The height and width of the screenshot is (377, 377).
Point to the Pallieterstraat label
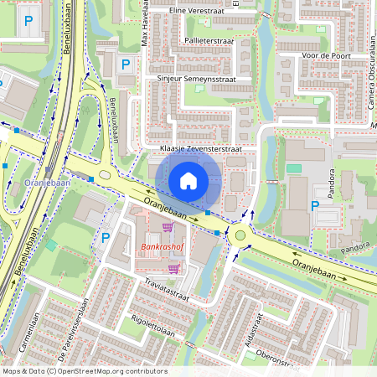coord(203,39)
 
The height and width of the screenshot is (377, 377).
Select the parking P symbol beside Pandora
coord(315,205)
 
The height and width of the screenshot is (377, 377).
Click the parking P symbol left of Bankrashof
coord(106,237)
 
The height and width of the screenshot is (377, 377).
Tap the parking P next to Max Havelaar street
coord(126,64)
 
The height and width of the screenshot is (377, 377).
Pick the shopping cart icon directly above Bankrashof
coord(168,226)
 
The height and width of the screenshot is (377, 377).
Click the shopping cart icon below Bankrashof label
coord(173,268)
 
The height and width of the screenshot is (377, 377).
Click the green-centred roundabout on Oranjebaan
coord(240,235)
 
